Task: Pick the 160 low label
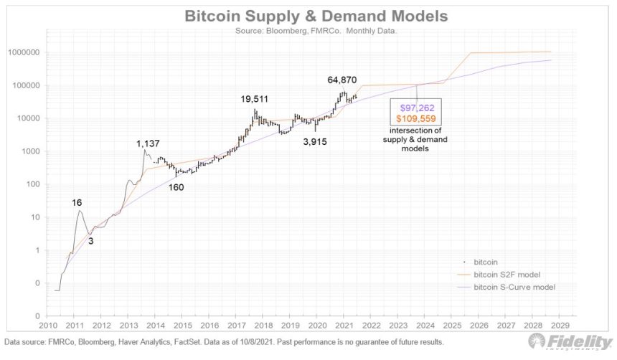[x=177, y=187]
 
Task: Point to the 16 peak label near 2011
[x=77, y=203]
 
